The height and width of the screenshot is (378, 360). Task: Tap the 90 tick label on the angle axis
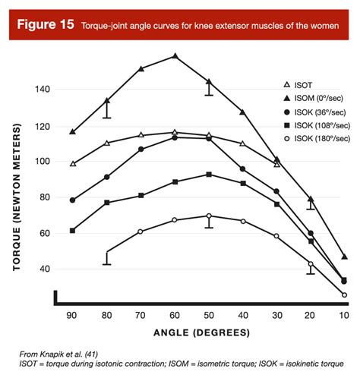pyautogui.click(x=73, y=314)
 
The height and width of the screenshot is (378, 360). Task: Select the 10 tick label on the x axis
pyautogui.click(x=344, y=314)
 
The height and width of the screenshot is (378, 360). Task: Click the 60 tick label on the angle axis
pyautogui.click(x=175, y=314)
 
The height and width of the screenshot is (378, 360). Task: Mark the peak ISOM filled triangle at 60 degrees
pyautogui.click(x=175, y=56)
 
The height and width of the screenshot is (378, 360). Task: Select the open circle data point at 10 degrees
pyautogui.click(x=344, y=295)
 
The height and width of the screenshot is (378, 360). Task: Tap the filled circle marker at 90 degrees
pyautogui.click(x=73, y=200)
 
